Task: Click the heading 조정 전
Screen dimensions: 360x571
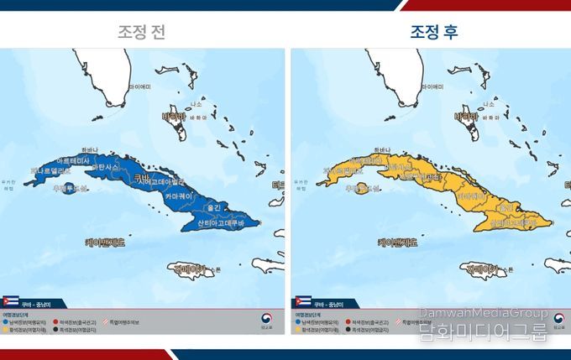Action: pyautogui.click(x=141, y=33)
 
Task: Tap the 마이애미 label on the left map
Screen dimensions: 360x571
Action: pyautogui.click(x=139, y=86)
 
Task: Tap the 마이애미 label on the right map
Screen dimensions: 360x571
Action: pyautogui.click(x=430, y=86)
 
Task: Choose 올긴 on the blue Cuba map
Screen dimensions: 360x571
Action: pyautogui.click(x=212, y=206)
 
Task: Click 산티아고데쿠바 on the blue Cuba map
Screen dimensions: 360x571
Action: pyautogui.click(x=221, y=223)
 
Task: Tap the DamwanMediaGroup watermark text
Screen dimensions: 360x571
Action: pyautogui.click(x=483, y=311)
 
